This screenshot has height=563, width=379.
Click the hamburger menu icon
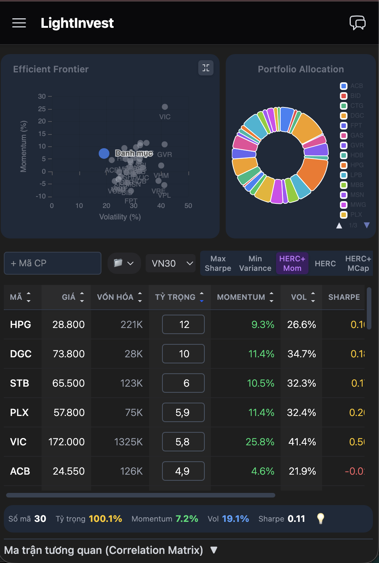[x=19, y=23]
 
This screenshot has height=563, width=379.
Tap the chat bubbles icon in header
[x=358, y=23]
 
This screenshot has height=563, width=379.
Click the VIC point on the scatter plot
[x=165, y=107]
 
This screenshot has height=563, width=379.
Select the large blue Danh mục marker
[x=104, y=153]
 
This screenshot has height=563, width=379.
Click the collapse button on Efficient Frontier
[x=206, y=68]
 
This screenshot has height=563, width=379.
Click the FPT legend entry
[x=352, y=125]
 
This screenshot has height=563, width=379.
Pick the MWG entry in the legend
[x=353, y=205]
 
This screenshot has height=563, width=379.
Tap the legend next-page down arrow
[x=367, y=225]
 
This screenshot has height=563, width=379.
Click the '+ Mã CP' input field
[x=53, y=263]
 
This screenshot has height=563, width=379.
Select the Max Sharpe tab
[x=218, y=263]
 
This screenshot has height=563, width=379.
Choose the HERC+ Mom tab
[x=292, y=263]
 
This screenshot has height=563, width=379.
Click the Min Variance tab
[x=255, y=263]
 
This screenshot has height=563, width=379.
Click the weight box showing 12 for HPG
[x=183, y=325]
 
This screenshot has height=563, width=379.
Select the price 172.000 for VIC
[x=66, y=442]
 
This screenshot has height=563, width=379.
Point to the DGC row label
[x=21, y=354]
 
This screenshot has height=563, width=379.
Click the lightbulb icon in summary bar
[x=321, y=518]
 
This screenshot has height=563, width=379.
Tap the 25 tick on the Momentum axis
[x=42, y=109]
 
